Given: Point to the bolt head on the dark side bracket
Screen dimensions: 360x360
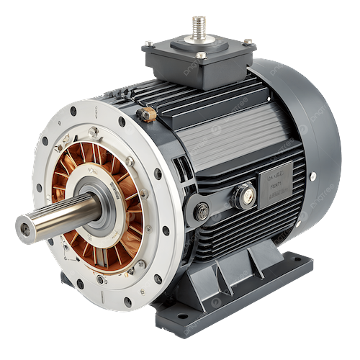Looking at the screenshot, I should click(x=203, y=211).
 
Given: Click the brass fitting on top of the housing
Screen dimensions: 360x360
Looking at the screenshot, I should click(x=148, y=114).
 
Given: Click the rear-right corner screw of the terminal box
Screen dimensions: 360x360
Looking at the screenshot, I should click(x=248, y=42).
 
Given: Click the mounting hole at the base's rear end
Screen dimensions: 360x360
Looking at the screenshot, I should click(x=303, y=266).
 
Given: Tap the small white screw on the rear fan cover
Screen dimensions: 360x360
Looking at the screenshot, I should click(x=312, y=176).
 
